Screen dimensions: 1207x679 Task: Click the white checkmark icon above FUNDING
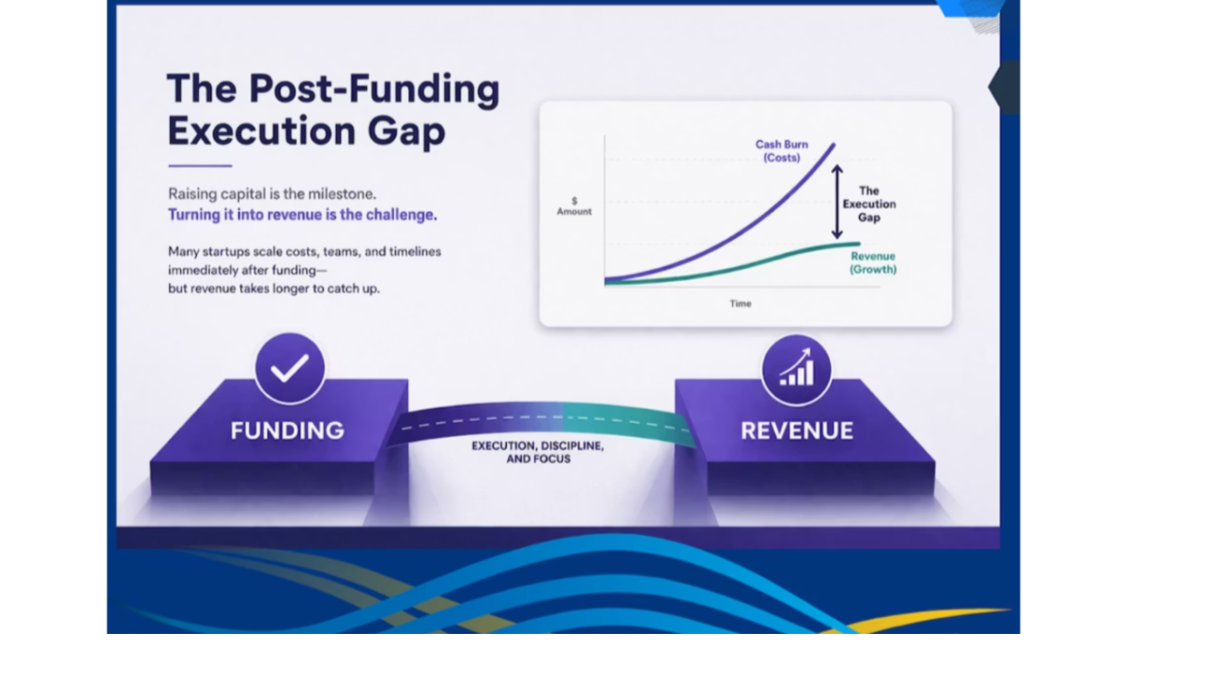tap(290, 368)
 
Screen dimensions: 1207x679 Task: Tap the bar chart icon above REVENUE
tap(797, 368)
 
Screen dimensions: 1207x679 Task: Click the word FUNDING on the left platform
tap(287, 430)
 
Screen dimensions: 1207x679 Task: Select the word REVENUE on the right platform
tap(797, 430)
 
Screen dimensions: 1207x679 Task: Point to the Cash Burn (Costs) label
tap(781, 151)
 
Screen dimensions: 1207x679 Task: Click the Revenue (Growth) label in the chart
tap(873, 263)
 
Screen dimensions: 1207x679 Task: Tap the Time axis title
tap(741, 303)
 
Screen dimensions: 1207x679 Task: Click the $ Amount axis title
tap(573, 206)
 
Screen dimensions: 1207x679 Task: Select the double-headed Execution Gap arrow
tap(837, 202)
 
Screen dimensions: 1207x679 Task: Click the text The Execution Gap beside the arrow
tap(869, 204)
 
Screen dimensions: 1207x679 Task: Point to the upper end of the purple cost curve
tap(833, 145)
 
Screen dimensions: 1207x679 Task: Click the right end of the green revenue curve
tap(859, 244)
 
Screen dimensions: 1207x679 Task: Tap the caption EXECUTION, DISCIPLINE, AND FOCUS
tap(538, 452)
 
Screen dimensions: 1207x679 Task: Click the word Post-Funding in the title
tap(374, 88)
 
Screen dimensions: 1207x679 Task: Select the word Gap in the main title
tap(406, 131)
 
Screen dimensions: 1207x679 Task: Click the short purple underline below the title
tap(200, 165)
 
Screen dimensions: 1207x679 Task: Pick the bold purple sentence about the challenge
tap(302, 215)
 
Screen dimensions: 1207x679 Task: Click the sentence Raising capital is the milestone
tap(272, 193)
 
